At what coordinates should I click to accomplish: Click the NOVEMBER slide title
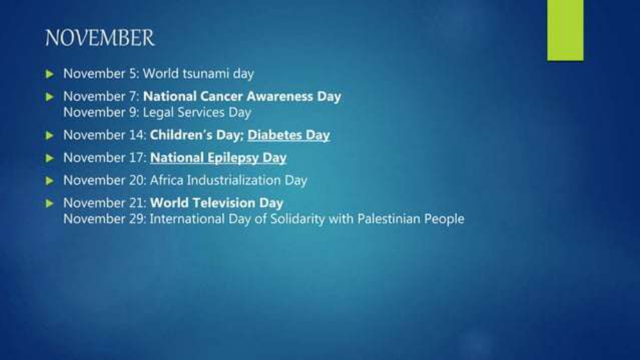tap(100, 38)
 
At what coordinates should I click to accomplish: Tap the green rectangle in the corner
tap(566, 30)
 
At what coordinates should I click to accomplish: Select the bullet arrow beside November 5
tap(50, 74)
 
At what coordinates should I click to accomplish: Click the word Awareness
tap(280, 96)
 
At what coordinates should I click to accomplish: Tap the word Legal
tap(158, 112)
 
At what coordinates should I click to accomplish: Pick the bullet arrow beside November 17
tap(50, 158)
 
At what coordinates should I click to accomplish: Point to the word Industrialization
tap(234, 180)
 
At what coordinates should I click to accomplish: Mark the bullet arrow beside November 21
tap(50, 203)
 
